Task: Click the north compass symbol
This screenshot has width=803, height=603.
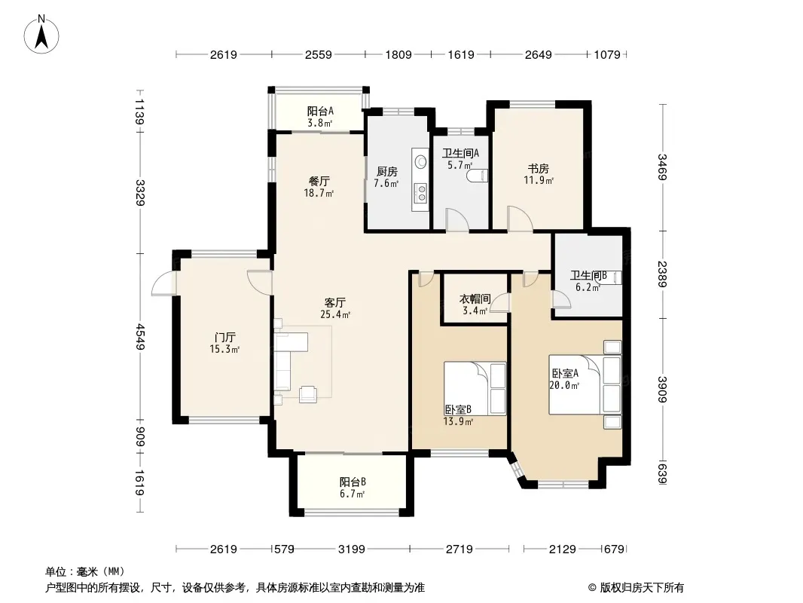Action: pos(41,34)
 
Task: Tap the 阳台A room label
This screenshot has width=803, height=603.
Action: pos(320,111)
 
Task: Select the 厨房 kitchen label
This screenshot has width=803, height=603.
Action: pos(386,172)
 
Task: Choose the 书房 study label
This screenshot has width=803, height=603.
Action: pos(539,169)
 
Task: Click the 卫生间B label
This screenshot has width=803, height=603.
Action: pos(588,276)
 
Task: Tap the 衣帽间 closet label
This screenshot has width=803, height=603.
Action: pos(475,298)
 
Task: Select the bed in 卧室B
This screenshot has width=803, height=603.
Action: pos(475,388)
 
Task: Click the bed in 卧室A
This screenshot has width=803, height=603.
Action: pos(585,384)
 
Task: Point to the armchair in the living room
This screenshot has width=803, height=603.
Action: pos(308,393)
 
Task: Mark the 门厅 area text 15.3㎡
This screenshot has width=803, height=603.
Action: pos(224,350)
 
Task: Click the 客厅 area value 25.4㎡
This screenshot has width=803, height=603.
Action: pos(335,314)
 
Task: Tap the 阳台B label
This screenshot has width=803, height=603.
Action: pos(353,482)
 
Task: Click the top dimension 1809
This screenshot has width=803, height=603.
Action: pos(398,54)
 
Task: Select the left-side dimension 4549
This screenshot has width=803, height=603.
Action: pos(140,338)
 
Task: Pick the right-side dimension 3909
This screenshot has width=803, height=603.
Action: pos(663,390)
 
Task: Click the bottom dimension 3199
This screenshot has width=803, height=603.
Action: pos(351,549)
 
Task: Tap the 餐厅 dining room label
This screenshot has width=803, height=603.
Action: pos(319,181)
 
